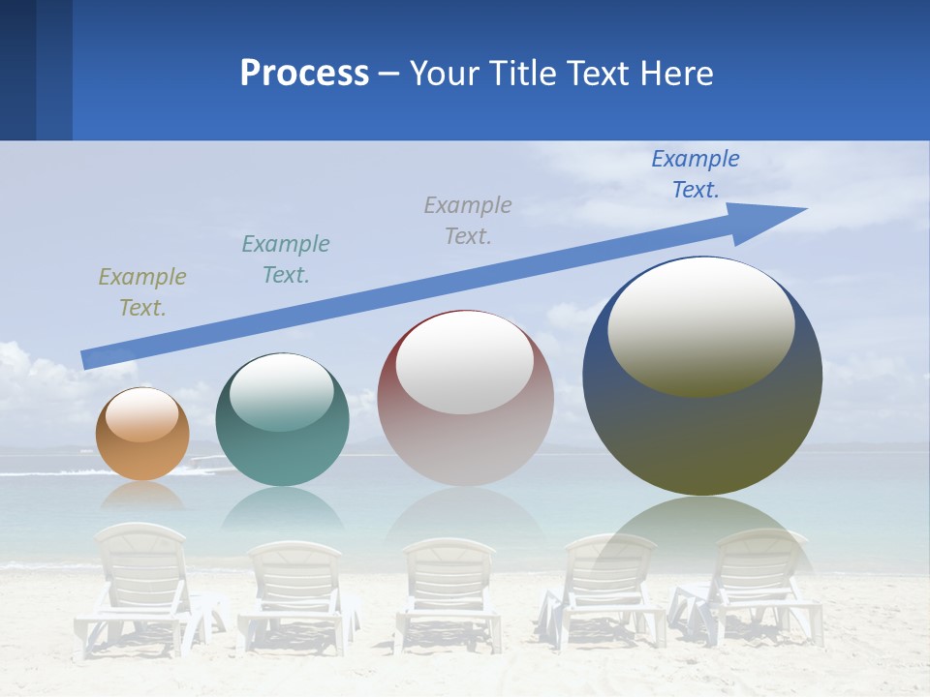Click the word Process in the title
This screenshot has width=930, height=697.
pos(304,74)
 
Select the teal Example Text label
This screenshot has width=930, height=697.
pos(286,259)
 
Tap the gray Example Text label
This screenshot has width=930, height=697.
pos(468,220)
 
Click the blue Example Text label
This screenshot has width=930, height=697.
pos(696,174)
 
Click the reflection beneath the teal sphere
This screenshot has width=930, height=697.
pos(282,508)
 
